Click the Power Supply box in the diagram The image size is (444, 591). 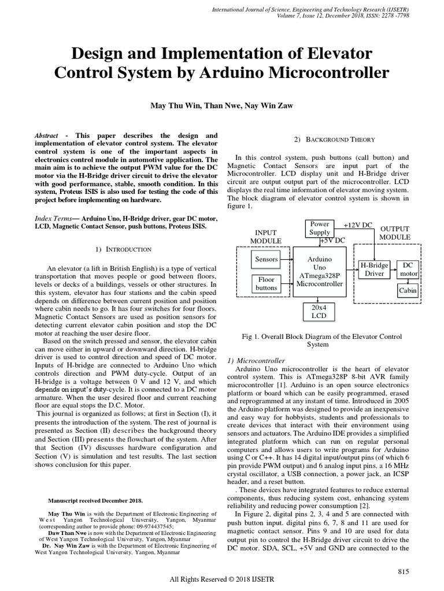pos(320,228)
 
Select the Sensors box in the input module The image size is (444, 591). pos(267,259)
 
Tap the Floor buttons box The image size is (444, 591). pos(267,283)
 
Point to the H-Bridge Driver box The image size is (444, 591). pos(375,270)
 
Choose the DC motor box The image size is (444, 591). pos(409,269)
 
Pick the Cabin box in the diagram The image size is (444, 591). pos(408,291)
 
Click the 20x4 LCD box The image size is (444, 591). pos(320,312)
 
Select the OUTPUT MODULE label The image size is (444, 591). pos(395,233)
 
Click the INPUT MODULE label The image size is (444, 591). pos(266,236)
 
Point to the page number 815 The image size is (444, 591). pos(404,571)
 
